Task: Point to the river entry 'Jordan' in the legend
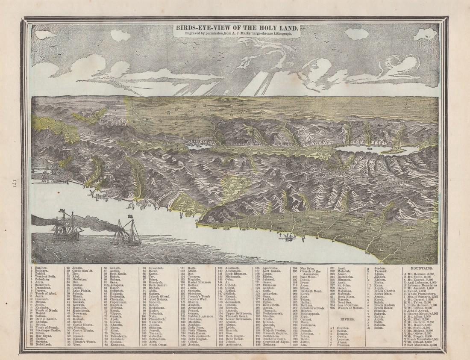coord(380,268)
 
